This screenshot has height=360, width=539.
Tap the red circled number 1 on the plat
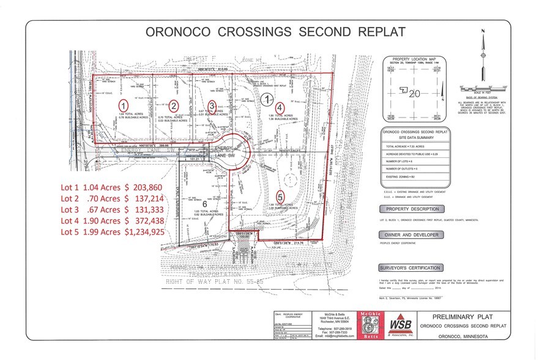pyautogui.click(x=123, y=105)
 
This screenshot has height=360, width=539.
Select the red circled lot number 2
pyautogui.click(x=174, y=105)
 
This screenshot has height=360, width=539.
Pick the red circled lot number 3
pyautogui.click(x=212, y=105)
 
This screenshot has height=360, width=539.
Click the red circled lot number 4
pyautogui.click(x=280, y=105)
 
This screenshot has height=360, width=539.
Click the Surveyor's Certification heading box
pyautogui.click(x=411, y=268)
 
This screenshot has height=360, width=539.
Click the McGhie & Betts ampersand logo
pyautogui.click(x=372, y=324)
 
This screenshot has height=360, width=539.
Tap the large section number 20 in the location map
pyautogui.click(x=415, y=93)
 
